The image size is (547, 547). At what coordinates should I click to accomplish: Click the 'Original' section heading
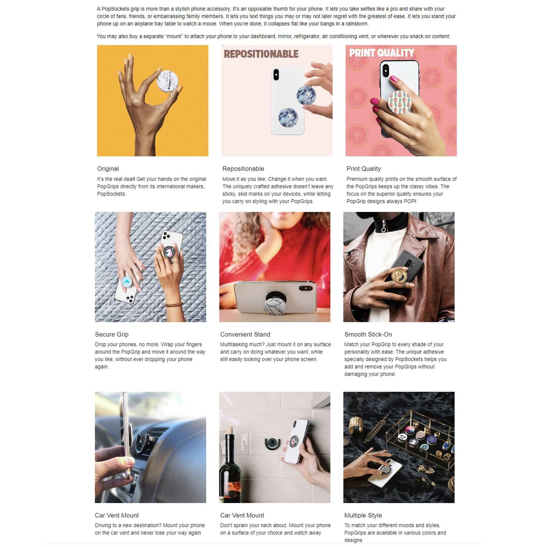pyautogui.click(x=108, y=169)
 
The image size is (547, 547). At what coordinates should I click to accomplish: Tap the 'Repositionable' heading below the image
pyautogui.click(x=243, y=169)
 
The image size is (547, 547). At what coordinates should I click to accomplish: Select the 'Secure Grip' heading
pyautogui.click(x=112, y=335)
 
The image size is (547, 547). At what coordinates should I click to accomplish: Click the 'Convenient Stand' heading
pyautogui.click(x=245, y=335)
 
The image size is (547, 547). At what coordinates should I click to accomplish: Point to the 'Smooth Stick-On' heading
pyautogui.click(x=368, y=335)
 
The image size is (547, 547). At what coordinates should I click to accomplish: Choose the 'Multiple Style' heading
pyautogui.click(x=363, y=516)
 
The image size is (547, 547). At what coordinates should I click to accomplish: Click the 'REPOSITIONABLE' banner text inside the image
pyautogui.click(x=261, y=54)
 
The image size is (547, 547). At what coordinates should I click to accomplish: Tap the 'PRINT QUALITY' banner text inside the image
pyautogui.click(x=382, y=53)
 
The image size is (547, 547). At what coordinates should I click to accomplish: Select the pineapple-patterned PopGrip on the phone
pyautogui.click(x=400, y=102)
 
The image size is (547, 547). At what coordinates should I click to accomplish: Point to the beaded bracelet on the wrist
pyautogui.click(x=174, y=304)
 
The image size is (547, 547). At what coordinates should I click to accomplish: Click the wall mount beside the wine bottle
pyautogui.click(x=272, y=444)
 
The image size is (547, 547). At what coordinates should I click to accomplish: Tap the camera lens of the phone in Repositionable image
pyautogui.click(x=276, y=75)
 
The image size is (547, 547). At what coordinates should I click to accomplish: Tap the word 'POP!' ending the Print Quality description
pyautogui.click(x=410, y=201)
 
